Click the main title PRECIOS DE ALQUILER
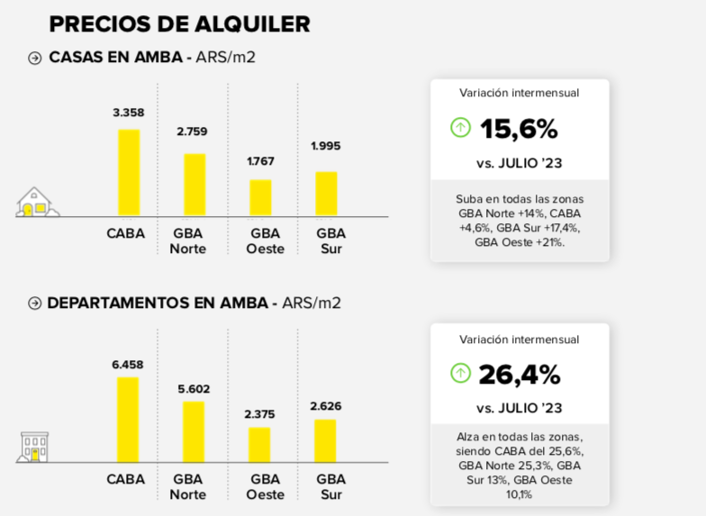179,23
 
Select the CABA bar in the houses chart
129,173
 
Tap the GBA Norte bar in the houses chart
195,185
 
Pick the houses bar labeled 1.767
260,197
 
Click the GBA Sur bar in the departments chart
325,440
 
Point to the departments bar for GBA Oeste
259,445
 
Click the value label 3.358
128,113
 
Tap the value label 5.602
193,389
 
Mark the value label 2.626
325,406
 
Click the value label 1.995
326,146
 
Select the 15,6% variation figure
519,129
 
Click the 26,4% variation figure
520,374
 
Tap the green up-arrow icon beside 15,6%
460,128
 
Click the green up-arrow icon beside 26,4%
460,373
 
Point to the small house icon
36,203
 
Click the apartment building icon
34,447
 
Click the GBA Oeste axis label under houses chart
265,240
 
